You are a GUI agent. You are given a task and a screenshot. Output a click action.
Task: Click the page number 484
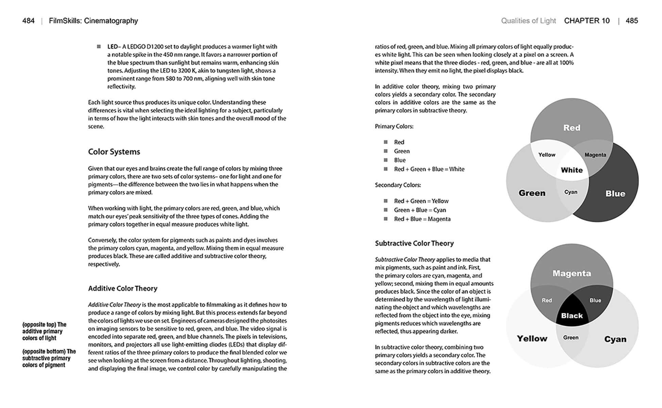click(x=28, y=21)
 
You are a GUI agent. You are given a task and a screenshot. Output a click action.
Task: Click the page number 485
click(x=631, y=21)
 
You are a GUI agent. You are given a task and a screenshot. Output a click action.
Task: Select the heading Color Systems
click(x=114, y=152)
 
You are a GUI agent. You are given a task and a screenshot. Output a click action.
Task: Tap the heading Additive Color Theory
click(x=122, y=288)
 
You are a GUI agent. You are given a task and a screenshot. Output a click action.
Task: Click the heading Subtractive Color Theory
click(x=414, y=243)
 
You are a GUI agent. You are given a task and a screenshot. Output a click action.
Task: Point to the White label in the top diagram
click(x=572, y=170)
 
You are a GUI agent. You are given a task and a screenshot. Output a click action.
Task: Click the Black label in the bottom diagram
click(x=572, y=316)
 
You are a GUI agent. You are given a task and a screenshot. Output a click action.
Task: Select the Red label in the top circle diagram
click(x=572, y=128)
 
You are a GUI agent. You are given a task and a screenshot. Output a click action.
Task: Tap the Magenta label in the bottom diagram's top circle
click(x=572, y=273)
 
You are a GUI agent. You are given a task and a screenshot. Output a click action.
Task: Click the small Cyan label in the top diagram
click(x=570, y=192)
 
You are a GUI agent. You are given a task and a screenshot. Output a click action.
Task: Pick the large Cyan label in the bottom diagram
click(x=615, y=339)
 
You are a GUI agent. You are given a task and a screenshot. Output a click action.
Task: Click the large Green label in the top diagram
click(x=532, y=193)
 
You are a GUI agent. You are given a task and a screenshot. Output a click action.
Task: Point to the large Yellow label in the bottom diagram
click(x=532, y=339)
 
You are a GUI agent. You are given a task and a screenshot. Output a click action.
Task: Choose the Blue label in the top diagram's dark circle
click(x=615, y=193)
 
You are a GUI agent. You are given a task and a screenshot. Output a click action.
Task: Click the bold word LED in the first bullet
click(x=112, y=47)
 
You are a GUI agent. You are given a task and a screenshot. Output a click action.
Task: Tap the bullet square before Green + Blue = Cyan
click(x=385, y=210)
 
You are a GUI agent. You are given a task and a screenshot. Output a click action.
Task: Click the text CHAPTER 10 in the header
click(x=586, y=21)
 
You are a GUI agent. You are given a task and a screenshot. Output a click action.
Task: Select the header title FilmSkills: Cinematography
click(x=93, y=21)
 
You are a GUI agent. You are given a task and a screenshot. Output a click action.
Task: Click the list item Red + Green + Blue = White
click(x=429, y=169)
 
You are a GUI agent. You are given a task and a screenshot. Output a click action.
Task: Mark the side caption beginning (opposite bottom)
click(x=49, y=358)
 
